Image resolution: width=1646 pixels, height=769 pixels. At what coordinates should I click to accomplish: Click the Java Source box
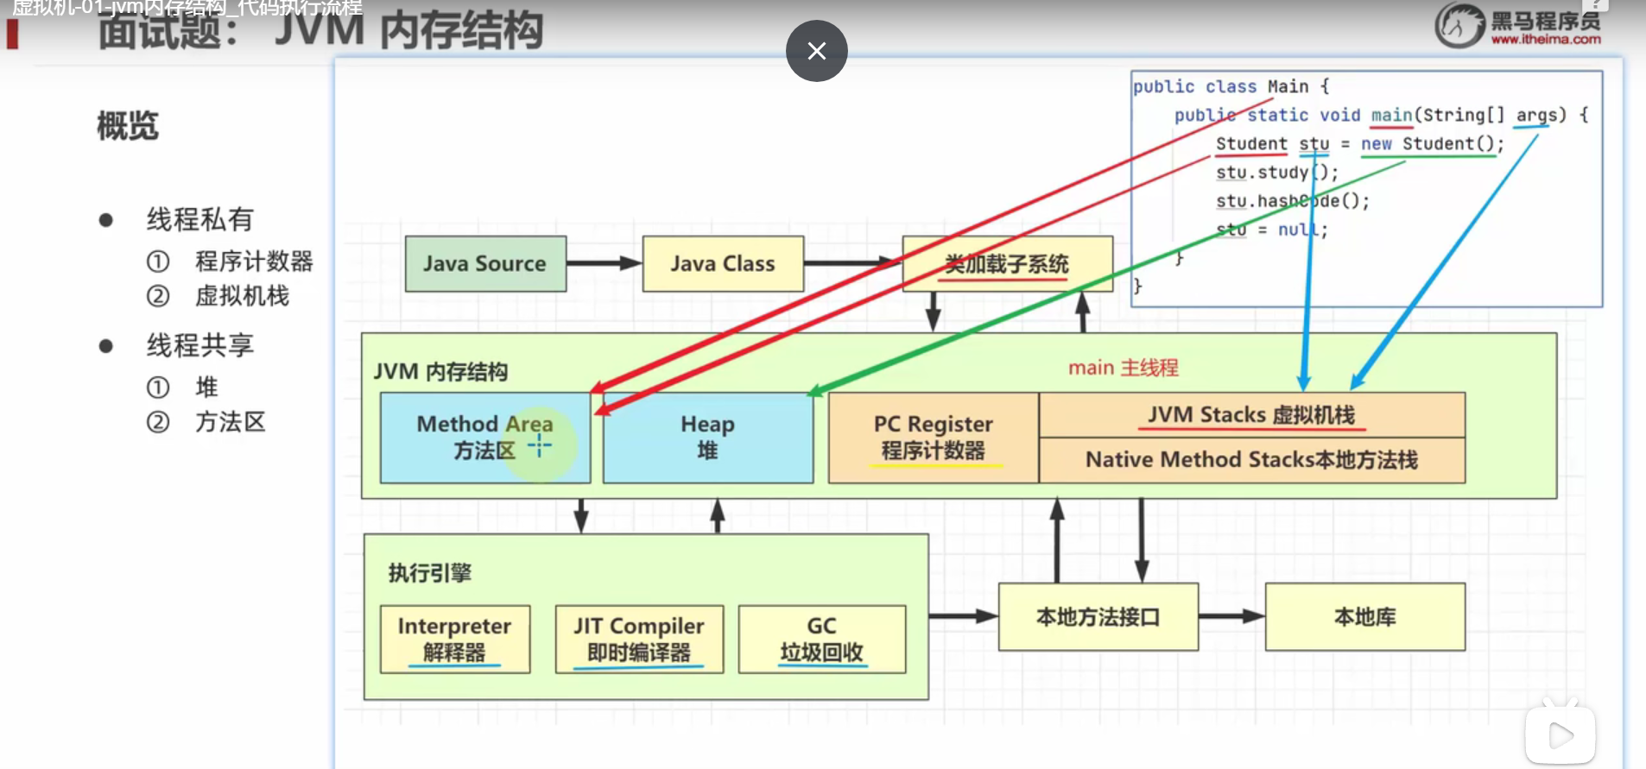pos(485,263)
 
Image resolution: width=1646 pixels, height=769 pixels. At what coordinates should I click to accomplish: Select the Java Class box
pos(723,263)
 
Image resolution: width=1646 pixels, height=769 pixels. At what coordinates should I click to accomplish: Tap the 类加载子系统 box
pos(1007,263)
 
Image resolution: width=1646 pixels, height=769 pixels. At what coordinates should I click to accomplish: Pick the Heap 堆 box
pos(707,438)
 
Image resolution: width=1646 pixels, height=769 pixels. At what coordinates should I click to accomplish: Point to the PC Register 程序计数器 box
pos(933,438)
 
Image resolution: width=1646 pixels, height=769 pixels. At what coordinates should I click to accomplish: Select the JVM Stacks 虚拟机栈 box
pos(1251,415)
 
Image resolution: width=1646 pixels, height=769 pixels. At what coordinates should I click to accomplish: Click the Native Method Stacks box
pos(1251,460)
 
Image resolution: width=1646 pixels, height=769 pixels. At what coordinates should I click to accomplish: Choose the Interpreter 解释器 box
pos(454,639)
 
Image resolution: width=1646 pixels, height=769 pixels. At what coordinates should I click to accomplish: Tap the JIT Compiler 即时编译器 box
pos(639,639)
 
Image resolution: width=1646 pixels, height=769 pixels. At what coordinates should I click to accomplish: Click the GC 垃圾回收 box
pos(821,639)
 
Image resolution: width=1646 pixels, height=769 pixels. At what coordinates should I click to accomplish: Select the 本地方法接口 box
pos(1098,617)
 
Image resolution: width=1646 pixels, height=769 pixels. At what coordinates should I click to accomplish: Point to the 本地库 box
pos(1364,617)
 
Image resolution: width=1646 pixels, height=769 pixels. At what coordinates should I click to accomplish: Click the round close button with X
pos(816,51)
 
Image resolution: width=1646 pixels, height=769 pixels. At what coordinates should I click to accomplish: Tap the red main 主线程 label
pos(1123,368)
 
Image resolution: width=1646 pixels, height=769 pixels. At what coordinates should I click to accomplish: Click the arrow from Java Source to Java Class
pos(604,263)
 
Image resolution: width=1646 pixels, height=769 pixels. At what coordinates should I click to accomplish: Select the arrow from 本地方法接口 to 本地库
pos(1231,616)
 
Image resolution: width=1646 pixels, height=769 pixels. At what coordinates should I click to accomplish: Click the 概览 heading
pos(128,126)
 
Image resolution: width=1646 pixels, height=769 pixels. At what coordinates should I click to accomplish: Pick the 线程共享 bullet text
pos(199,345)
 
